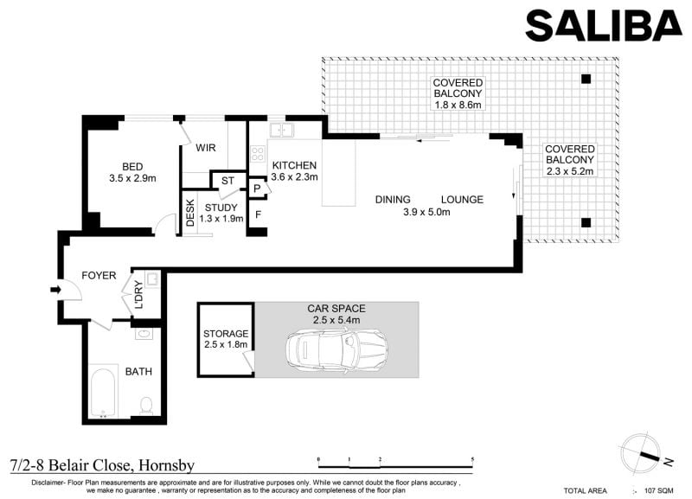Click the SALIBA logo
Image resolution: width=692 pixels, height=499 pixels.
click(604, 26)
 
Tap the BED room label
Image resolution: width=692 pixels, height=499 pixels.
click(132, 167)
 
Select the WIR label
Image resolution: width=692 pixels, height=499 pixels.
click(206, 148)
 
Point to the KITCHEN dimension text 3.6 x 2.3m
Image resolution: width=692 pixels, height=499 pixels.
click(294, 177)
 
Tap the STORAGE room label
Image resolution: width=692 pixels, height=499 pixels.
click(226, 334)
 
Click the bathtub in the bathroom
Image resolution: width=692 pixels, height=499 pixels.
click(103, 392)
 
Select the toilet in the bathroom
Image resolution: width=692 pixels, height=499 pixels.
click(146, 406)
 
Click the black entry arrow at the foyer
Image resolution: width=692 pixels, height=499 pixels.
click(55, 290)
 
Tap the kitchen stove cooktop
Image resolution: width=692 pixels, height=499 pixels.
click(257, 154)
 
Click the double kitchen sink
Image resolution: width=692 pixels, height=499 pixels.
click(282, 130)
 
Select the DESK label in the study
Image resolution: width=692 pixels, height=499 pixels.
click(190, 213)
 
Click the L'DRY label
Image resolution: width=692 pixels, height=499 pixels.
click(138, 295)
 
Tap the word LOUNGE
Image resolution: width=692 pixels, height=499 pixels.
click(462, 200)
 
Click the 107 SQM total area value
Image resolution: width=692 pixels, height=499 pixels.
click(659, 490)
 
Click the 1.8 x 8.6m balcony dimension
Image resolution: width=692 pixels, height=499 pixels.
click(458, 105)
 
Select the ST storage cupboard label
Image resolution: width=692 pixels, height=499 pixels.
click(227, 181)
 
